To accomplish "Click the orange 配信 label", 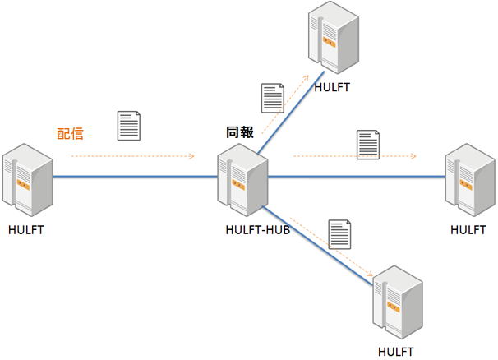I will click(70, 133).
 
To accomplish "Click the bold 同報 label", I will click(240, 132).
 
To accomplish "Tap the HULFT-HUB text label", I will click(257, 230).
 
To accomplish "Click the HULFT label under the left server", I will click(25, 230).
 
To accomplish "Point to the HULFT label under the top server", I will click(332, 87).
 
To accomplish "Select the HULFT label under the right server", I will click(468, 230).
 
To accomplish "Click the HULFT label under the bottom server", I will click(397, 352).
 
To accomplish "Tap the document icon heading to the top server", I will click(272, 98).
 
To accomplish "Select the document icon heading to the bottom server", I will click(339, 234).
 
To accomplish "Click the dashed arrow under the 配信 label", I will click(131, 155).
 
